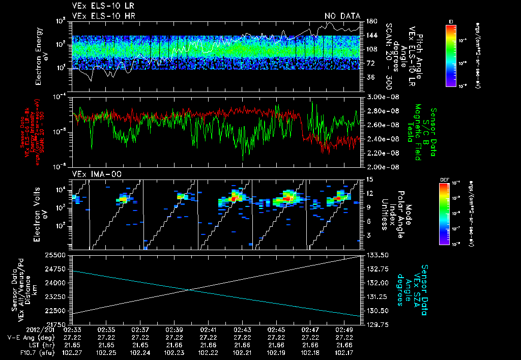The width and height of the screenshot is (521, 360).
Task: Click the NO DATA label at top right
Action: click(x=342, y=16)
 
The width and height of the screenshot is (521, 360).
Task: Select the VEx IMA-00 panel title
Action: click(x=92, y=174)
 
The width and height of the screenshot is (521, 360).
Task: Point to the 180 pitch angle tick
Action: click(x=371, y=21)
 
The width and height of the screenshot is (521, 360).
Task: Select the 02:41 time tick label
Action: click(x=208, y=329)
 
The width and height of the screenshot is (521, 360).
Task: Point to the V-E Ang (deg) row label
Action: click(x=28, y=337)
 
